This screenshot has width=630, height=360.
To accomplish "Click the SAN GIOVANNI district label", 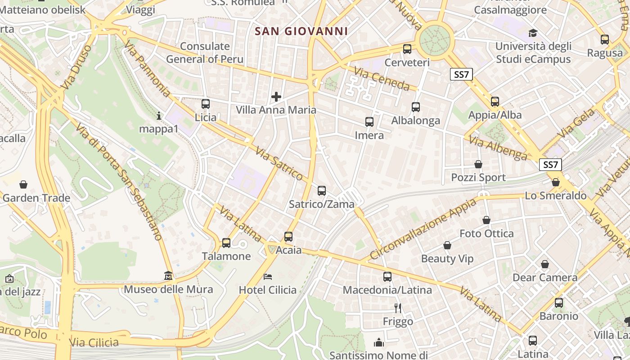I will click(x=301, y=31).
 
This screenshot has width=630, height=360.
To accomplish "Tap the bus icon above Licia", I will click(x=206, y=104).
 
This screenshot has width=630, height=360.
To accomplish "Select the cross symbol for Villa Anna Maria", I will click(x=276, y=96).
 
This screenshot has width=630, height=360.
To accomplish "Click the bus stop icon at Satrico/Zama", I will click(x=322, y=190).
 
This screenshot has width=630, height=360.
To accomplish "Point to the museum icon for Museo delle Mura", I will click(x=168, y=275).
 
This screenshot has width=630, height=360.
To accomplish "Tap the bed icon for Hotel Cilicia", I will click(x=268, y=276).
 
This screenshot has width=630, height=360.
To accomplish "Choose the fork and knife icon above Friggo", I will click(x=398, y=308).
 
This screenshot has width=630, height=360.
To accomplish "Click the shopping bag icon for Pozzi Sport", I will click(x=478, y=164).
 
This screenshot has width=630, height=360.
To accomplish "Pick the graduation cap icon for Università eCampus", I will click(x=533, y=33).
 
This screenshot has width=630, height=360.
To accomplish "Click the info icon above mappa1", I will click(x=158, y=116).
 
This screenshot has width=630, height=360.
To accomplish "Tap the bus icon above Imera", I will click(x=369, y=122).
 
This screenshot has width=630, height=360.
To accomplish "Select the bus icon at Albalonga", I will click(x=416, y=107).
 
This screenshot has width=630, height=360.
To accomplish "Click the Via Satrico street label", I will click(x=279, y=162).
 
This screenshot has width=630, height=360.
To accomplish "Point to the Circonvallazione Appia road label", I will click(x=423, y=229).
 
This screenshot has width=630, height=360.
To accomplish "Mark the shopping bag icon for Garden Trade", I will click(x=23, y=184).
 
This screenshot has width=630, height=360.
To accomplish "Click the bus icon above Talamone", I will click(x=226, y=243).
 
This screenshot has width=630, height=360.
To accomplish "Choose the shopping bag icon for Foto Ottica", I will click(x=486, y=220).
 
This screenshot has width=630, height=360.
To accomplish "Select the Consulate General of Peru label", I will click(x=205, y=53).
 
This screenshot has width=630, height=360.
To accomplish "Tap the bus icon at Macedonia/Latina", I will click(x=387, y=277).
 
